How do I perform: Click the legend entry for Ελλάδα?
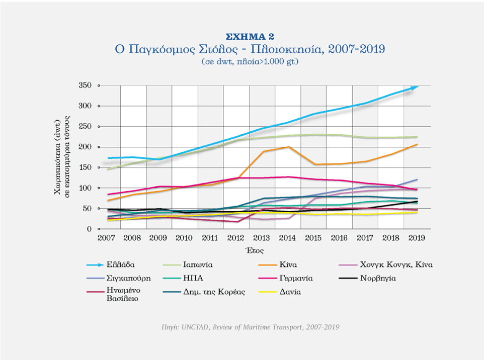click(120, 264)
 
